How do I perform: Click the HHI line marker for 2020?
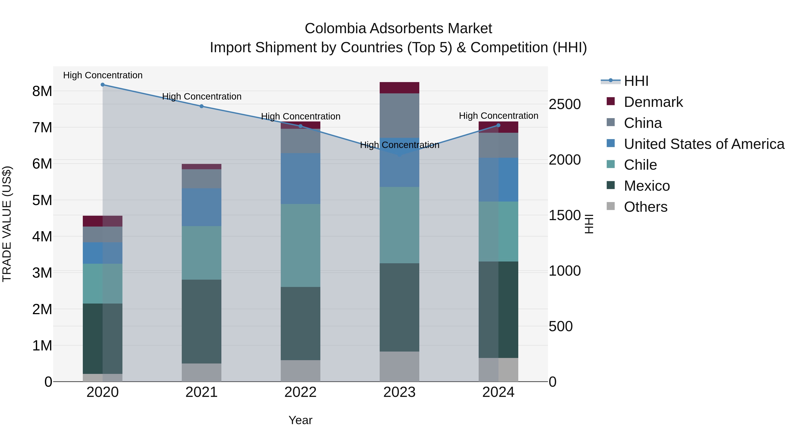tap(103, 85)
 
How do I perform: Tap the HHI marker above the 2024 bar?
tap(498, 125)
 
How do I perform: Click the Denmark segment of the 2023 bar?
tap(399, 88)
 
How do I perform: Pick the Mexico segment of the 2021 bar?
tap(201, 321)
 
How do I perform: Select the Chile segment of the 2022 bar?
tap(300, 246)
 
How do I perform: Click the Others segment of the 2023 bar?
tap(399, 366)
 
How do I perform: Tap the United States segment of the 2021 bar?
tap(201, 207)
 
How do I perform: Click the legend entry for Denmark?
tap(653, 102)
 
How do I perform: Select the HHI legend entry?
tap(636, 81)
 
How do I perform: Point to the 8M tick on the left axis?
tap(42, 91)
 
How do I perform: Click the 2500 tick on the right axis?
tap(565, 104)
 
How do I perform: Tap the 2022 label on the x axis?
tap(300, 392)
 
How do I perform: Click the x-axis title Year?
tap(300, 420)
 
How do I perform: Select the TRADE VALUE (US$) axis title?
tap(7, 224)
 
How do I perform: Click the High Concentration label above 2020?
tap(103, 75)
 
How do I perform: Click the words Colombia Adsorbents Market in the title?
tap(398, 29)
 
